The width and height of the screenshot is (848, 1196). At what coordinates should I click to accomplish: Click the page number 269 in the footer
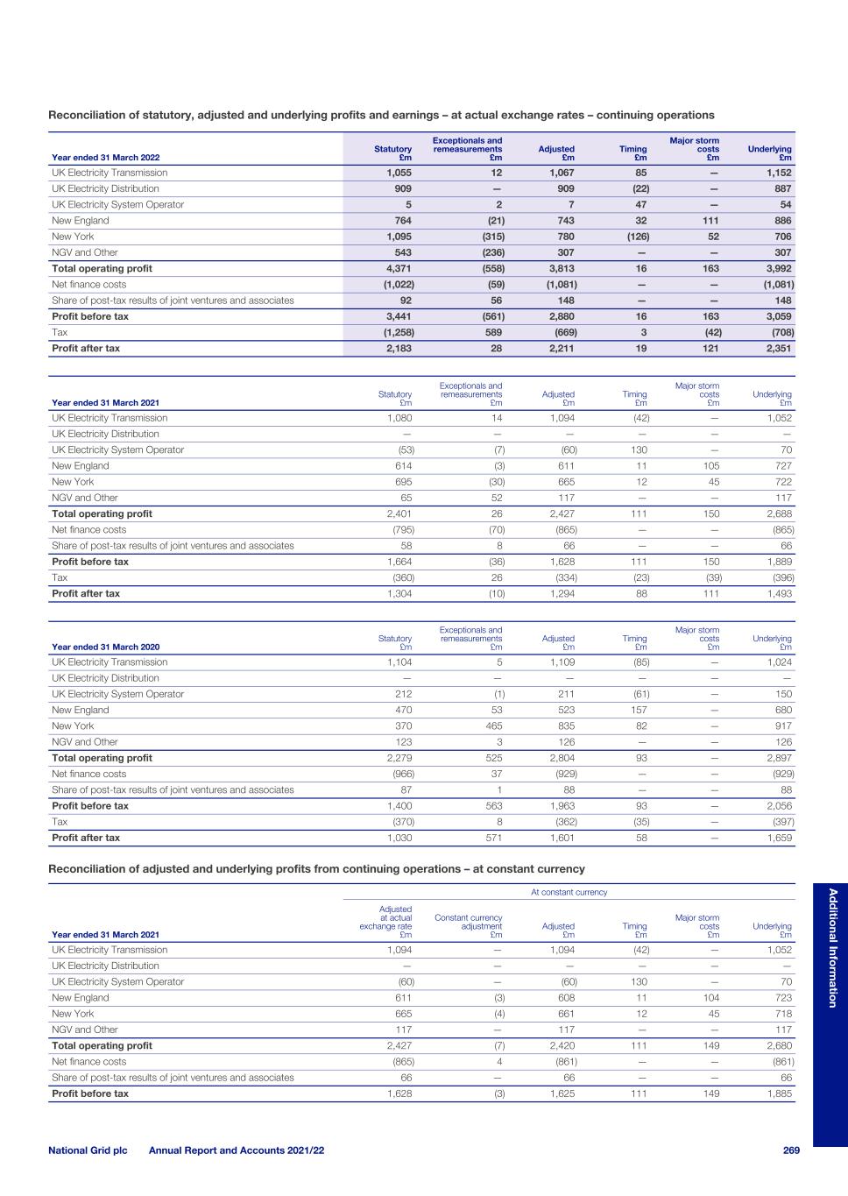791,1150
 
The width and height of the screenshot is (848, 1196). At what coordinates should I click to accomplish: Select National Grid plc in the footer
88,1150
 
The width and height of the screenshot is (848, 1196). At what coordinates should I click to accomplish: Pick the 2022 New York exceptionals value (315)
491,237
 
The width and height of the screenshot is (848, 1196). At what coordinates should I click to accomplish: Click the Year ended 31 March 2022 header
106,158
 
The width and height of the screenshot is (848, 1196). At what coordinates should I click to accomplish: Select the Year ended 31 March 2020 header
106,648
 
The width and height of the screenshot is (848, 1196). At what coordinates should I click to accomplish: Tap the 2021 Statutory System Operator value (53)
406,450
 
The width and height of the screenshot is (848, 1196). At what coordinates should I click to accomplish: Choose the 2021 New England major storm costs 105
710,466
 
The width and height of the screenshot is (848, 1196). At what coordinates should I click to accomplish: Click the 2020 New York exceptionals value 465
494,726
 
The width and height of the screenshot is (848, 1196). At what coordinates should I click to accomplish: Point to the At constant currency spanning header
569,892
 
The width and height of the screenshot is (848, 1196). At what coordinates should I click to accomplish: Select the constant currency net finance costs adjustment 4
501,1062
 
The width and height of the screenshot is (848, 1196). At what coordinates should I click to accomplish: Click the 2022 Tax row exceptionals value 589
494,333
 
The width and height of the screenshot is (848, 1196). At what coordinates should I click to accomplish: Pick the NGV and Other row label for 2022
85,253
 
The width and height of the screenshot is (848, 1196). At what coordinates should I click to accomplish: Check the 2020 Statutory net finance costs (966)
403,775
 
